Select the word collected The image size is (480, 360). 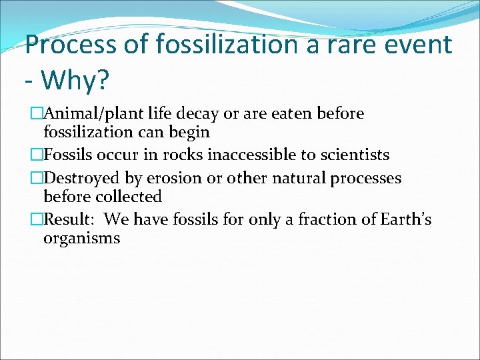(x=131, y=197)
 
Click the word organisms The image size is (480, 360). (x=82, y=238)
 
